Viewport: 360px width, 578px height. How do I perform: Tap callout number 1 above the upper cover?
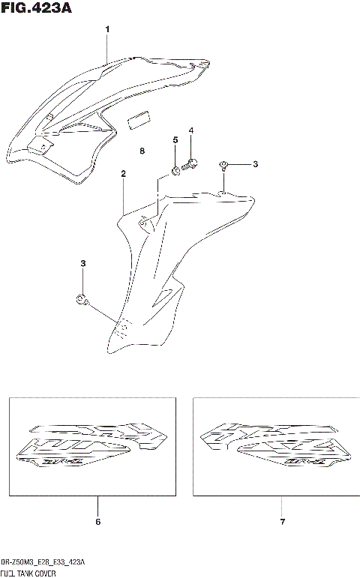point(107,29)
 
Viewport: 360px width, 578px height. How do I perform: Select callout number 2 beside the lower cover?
point(123,173)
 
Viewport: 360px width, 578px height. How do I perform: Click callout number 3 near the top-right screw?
point(254,164)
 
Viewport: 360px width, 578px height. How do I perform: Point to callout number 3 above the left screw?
point(83,263)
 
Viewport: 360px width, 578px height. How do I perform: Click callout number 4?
point(191,131)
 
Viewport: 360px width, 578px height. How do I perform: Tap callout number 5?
point(175,140)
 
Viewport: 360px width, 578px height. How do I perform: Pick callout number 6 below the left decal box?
point(97,521)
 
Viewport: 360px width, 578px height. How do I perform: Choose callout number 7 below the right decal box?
point(282,521)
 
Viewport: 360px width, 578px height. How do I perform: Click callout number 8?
point(142,151)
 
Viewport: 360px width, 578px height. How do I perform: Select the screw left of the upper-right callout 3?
point(223,164)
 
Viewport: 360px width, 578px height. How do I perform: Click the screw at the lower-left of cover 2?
point(82,301)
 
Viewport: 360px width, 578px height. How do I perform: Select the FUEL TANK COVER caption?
point(33,572)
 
